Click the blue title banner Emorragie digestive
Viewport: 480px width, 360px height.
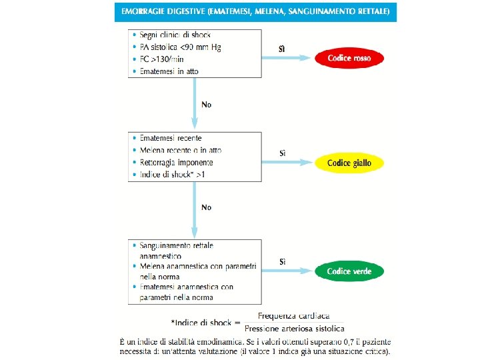(x=256, y=12)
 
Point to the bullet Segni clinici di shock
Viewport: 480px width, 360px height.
(x=175, y=35)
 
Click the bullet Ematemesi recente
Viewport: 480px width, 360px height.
(x=171, y=139)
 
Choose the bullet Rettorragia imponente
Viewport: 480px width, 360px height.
(x=176, y=162)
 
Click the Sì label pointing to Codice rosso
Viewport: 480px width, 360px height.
(x=282, y=49)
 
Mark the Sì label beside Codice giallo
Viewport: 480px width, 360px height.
(x=282, y=153)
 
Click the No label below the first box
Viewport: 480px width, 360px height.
(x=207, y=105)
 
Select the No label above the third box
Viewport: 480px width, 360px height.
(x=207, y=207)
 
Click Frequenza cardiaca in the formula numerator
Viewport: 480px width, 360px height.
(x=293, y=316)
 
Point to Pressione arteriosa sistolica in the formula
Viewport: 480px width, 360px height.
(x=294, y=328)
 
